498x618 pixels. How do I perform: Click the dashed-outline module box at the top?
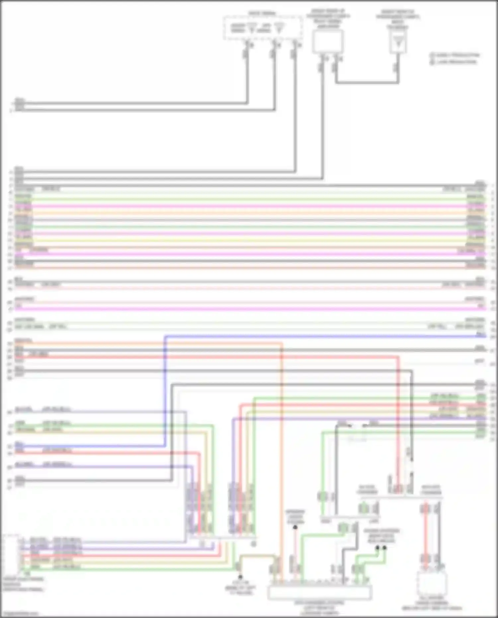(x=262, y=28)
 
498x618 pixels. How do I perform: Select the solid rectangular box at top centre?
(x=327, y=42)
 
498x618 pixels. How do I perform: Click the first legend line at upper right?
(x=455, y=55)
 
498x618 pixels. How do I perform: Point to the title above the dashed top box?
(x=262, y=14)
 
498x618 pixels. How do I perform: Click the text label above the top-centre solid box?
(x=328, y=20)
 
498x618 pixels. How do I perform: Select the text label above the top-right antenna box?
(x=398, y=20)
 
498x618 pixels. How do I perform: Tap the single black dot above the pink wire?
(x=295, y=527)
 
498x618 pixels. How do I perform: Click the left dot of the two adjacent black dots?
(x=377, y=548)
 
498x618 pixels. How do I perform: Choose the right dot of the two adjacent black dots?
(x=384, y=548)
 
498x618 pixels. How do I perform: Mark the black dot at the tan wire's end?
(x=240, y=577)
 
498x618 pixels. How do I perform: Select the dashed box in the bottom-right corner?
(x=431, y=583)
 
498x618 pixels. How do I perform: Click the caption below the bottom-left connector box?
(x=23, y=584)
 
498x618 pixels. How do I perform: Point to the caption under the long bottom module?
(x=319, y=607)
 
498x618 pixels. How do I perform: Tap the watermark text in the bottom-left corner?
(x=20, y=614)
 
